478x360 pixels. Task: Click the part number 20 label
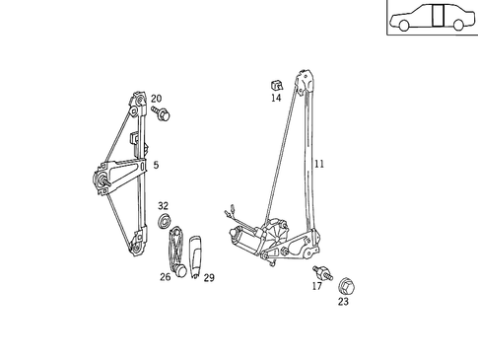[156, 99]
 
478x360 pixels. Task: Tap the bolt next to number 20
[164, 115]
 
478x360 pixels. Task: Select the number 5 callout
[155, 165]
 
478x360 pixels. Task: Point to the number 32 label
[164, 205]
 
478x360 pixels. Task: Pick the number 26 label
[165, 277]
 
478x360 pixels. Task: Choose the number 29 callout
[209, 277]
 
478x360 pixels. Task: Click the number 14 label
[276, 98]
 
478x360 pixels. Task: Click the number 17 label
[316, 286]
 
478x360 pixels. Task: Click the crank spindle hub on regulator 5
[102, 180]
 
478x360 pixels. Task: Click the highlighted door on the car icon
[440, 19]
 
